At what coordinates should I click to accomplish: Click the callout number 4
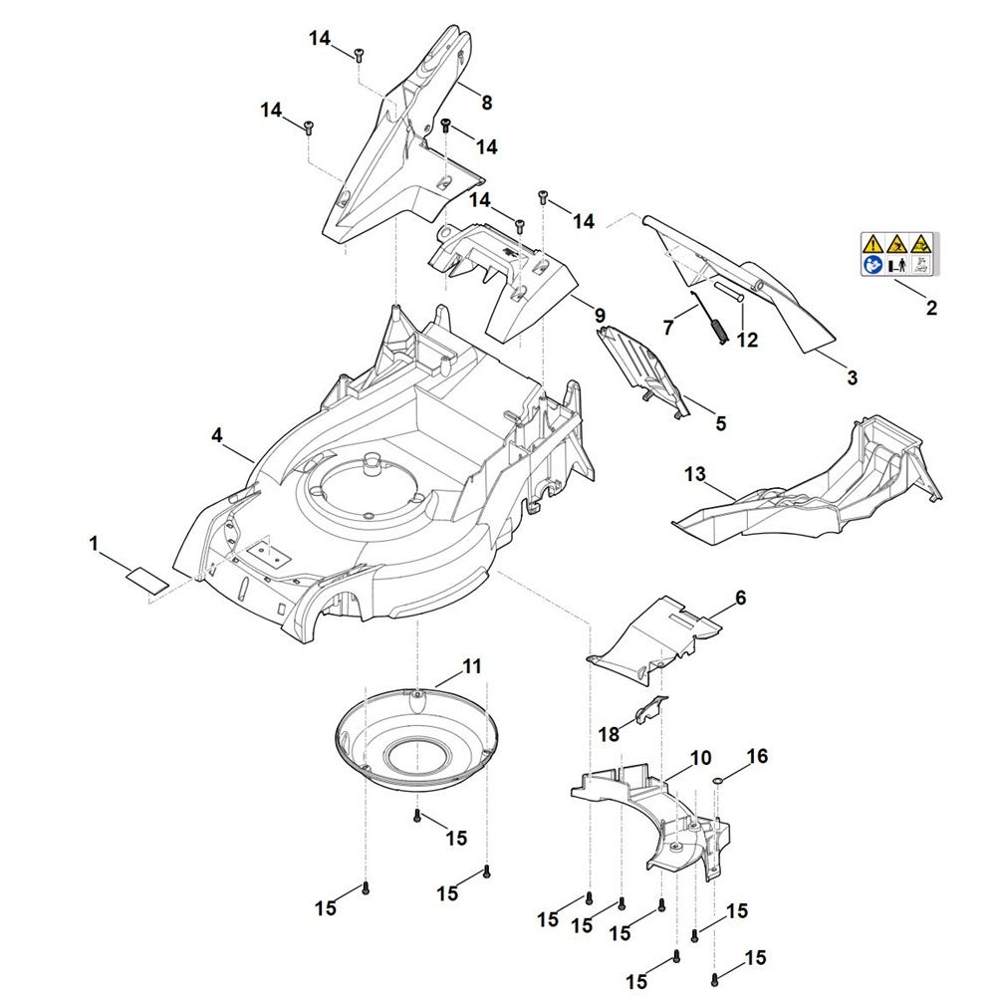216,435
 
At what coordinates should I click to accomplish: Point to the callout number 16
757,757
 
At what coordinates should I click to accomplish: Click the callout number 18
609,734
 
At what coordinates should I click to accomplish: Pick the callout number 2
931,309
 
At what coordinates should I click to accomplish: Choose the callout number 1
95,544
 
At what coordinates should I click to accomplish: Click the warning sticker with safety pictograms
899,254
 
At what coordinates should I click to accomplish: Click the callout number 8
486,102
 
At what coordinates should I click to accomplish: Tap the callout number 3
852,378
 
